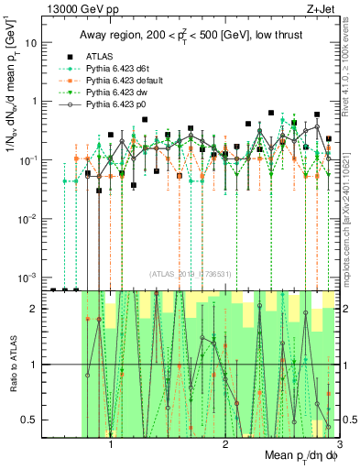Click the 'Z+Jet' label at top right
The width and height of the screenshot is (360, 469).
pyautogui.click(x=319, y=9)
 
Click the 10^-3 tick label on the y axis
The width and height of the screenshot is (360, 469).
pyautogui.click(x=28, y=277)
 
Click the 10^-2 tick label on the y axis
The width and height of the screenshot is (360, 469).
pyautogui.click(x=28, y=218)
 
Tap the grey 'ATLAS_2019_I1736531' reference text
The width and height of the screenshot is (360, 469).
pyautogui.click(x=191, y=273)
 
